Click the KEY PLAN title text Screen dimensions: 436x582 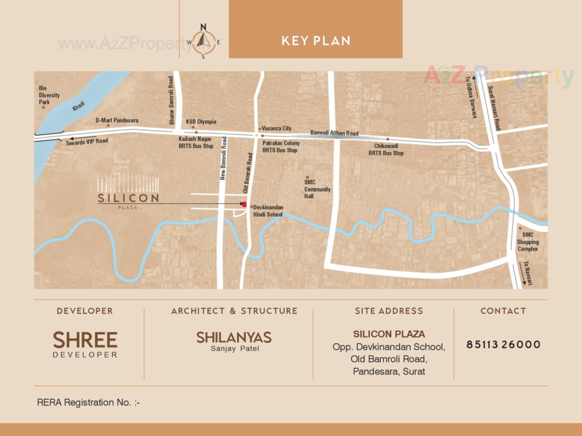316,41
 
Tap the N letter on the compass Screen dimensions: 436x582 203,27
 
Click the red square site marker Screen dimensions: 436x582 244,205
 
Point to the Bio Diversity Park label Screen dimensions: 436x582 48,95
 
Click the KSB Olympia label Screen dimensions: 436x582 201,122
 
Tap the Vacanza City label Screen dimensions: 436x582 276,128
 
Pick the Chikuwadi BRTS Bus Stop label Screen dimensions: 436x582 386,150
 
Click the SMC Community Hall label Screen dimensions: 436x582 317,189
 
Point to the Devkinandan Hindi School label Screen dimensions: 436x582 268,211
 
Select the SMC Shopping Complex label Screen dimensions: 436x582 528,242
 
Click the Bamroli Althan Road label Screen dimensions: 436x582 334,133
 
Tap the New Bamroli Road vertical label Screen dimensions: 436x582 223,158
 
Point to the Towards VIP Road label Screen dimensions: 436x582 87,141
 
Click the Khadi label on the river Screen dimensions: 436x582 78,106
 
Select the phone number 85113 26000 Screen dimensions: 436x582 503,344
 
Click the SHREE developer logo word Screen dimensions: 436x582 85,340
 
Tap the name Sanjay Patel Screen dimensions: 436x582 235,348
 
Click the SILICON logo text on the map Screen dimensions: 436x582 128,198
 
